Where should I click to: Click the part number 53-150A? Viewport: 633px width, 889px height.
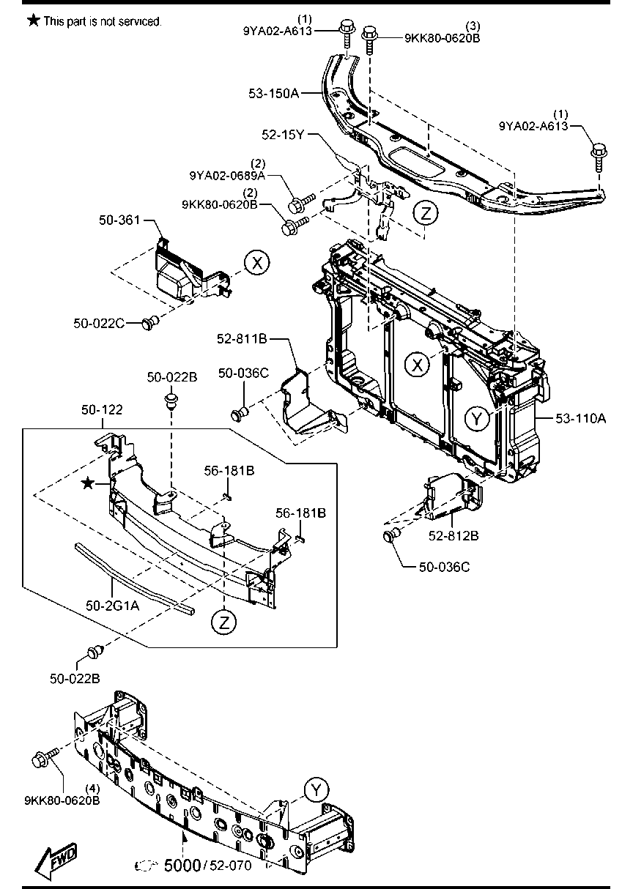274,94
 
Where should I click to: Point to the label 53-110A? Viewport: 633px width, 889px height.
580,418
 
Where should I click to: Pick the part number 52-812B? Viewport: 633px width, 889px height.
454,536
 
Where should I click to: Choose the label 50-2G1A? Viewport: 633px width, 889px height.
111,606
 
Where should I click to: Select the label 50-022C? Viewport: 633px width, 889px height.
98,322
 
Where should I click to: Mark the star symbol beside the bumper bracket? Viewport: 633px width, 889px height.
88,483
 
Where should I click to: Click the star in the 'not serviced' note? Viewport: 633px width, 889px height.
33,21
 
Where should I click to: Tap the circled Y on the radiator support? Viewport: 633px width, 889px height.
478,418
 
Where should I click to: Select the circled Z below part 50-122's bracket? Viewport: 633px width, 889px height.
225,622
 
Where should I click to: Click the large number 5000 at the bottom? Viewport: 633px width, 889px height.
181,865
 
